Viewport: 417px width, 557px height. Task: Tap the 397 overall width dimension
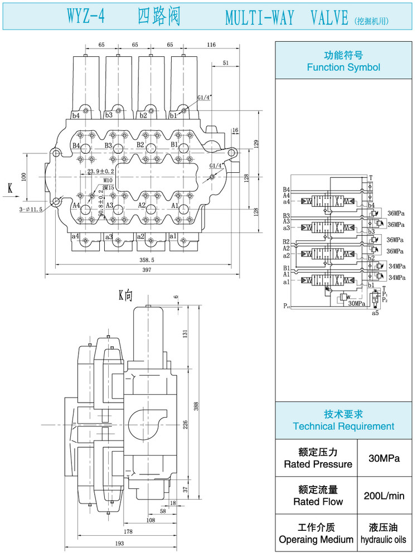(146, 270)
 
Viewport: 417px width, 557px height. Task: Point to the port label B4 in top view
(77, 146)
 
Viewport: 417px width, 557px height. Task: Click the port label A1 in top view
(175, 206)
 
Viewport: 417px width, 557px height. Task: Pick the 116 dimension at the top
(211, 45)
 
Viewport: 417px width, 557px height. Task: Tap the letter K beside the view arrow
(10, 189)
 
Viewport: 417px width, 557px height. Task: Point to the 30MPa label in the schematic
(357, 304)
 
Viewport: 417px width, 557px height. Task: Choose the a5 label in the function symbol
(375, 313)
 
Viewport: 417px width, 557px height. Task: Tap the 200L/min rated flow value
(384, 496)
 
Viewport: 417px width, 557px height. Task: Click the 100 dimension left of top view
(23, 176)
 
